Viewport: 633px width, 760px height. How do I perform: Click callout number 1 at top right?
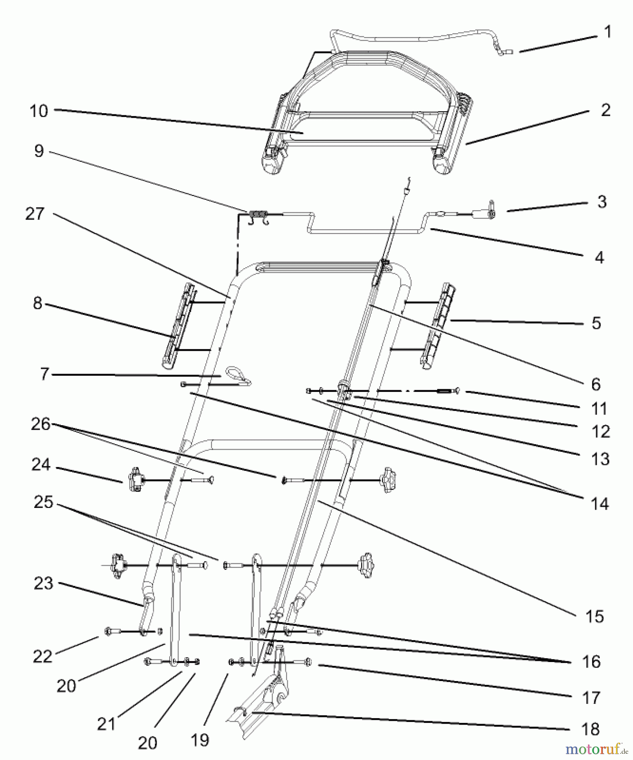(x=608, y=32)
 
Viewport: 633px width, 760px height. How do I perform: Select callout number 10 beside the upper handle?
(x=39, y=111)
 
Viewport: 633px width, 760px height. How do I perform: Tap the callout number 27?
(x=35, y=214)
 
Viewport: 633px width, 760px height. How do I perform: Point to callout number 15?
(x=595, y=617)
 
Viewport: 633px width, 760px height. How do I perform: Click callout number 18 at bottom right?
(x=590, y=729)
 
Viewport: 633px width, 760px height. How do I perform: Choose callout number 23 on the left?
(x=43, y=584)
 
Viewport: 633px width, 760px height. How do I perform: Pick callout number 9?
(x=39, y=151)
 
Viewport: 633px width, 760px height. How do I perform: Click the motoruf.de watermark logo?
(x=595, y=749)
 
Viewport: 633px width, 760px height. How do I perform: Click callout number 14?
(x=600, y=504)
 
